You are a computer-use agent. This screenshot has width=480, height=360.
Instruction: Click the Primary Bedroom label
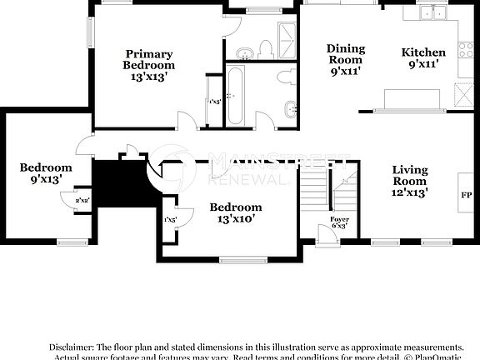[x=148, y=64]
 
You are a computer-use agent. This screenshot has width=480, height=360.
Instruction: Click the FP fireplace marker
[x=467, y=196]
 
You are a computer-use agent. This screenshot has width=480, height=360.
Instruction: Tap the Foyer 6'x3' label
[x=339, y=222]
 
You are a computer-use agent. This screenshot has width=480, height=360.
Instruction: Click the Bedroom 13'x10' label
[x=235, y=212]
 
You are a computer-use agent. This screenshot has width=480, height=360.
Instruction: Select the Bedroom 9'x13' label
[x=41, y=172]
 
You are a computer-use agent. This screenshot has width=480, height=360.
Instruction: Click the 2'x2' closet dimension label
[x=82, y=200]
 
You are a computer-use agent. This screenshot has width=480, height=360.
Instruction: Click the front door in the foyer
[x=331, y=236]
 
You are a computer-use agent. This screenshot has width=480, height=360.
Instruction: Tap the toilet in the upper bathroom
[x=266, y=47]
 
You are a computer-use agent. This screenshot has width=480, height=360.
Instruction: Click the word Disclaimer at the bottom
[x=72, y=346]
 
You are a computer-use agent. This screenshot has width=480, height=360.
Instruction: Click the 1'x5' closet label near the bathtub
[x=215, y=102]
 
